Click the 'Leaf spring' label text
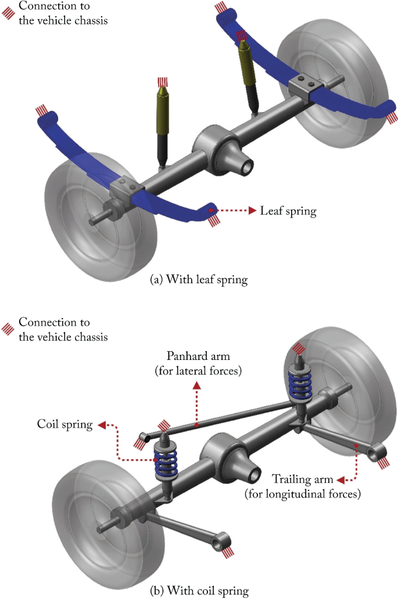(x=288, y=211)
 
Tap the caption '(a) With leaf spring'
(x=199, y=280)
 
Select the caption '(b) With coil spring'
(x=199, y=591)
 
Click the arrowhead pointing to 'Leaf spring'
(x=252, y=211)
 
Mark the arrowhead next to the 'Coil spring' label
(x=101, y=425)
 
